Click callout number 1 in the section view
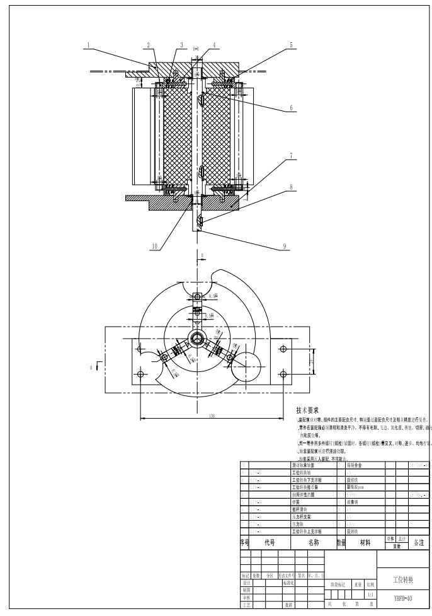pos(89,45)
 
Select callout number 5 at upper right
pos(291,45)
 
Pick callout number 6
pos(291,108)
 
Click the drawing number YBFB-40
pos(403,598)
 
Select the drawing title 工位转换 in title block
pos(403,579)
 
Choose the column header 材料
pos(365,542)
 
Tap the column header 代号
pos(270,542)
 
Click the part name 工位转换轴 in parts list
pos(303,472)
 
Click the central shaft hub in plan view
pos(198,339)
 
